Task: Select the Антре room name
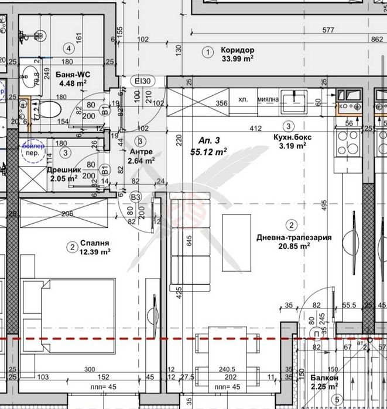point(141,151)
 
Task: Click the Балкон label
point(323,378)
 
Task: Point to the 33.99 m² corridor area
point(237,58)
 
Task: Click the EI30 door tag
point(143,81)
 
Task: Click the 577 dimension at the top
point(328,30)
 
